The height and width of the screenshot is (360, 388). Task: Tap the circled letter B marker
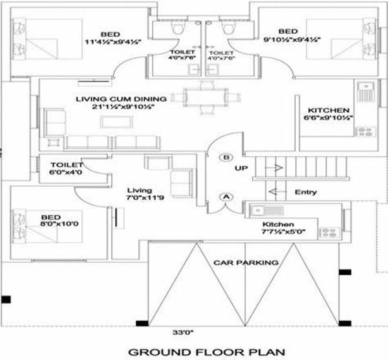pos(226,158)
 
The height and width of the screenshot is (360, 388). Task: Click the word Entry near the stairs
pos(305,192)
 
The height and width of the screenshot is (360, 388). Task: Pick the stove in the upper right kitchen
pos(364,129)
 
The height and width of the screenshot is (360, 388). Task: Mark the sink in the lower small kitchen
pos(259,210)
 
